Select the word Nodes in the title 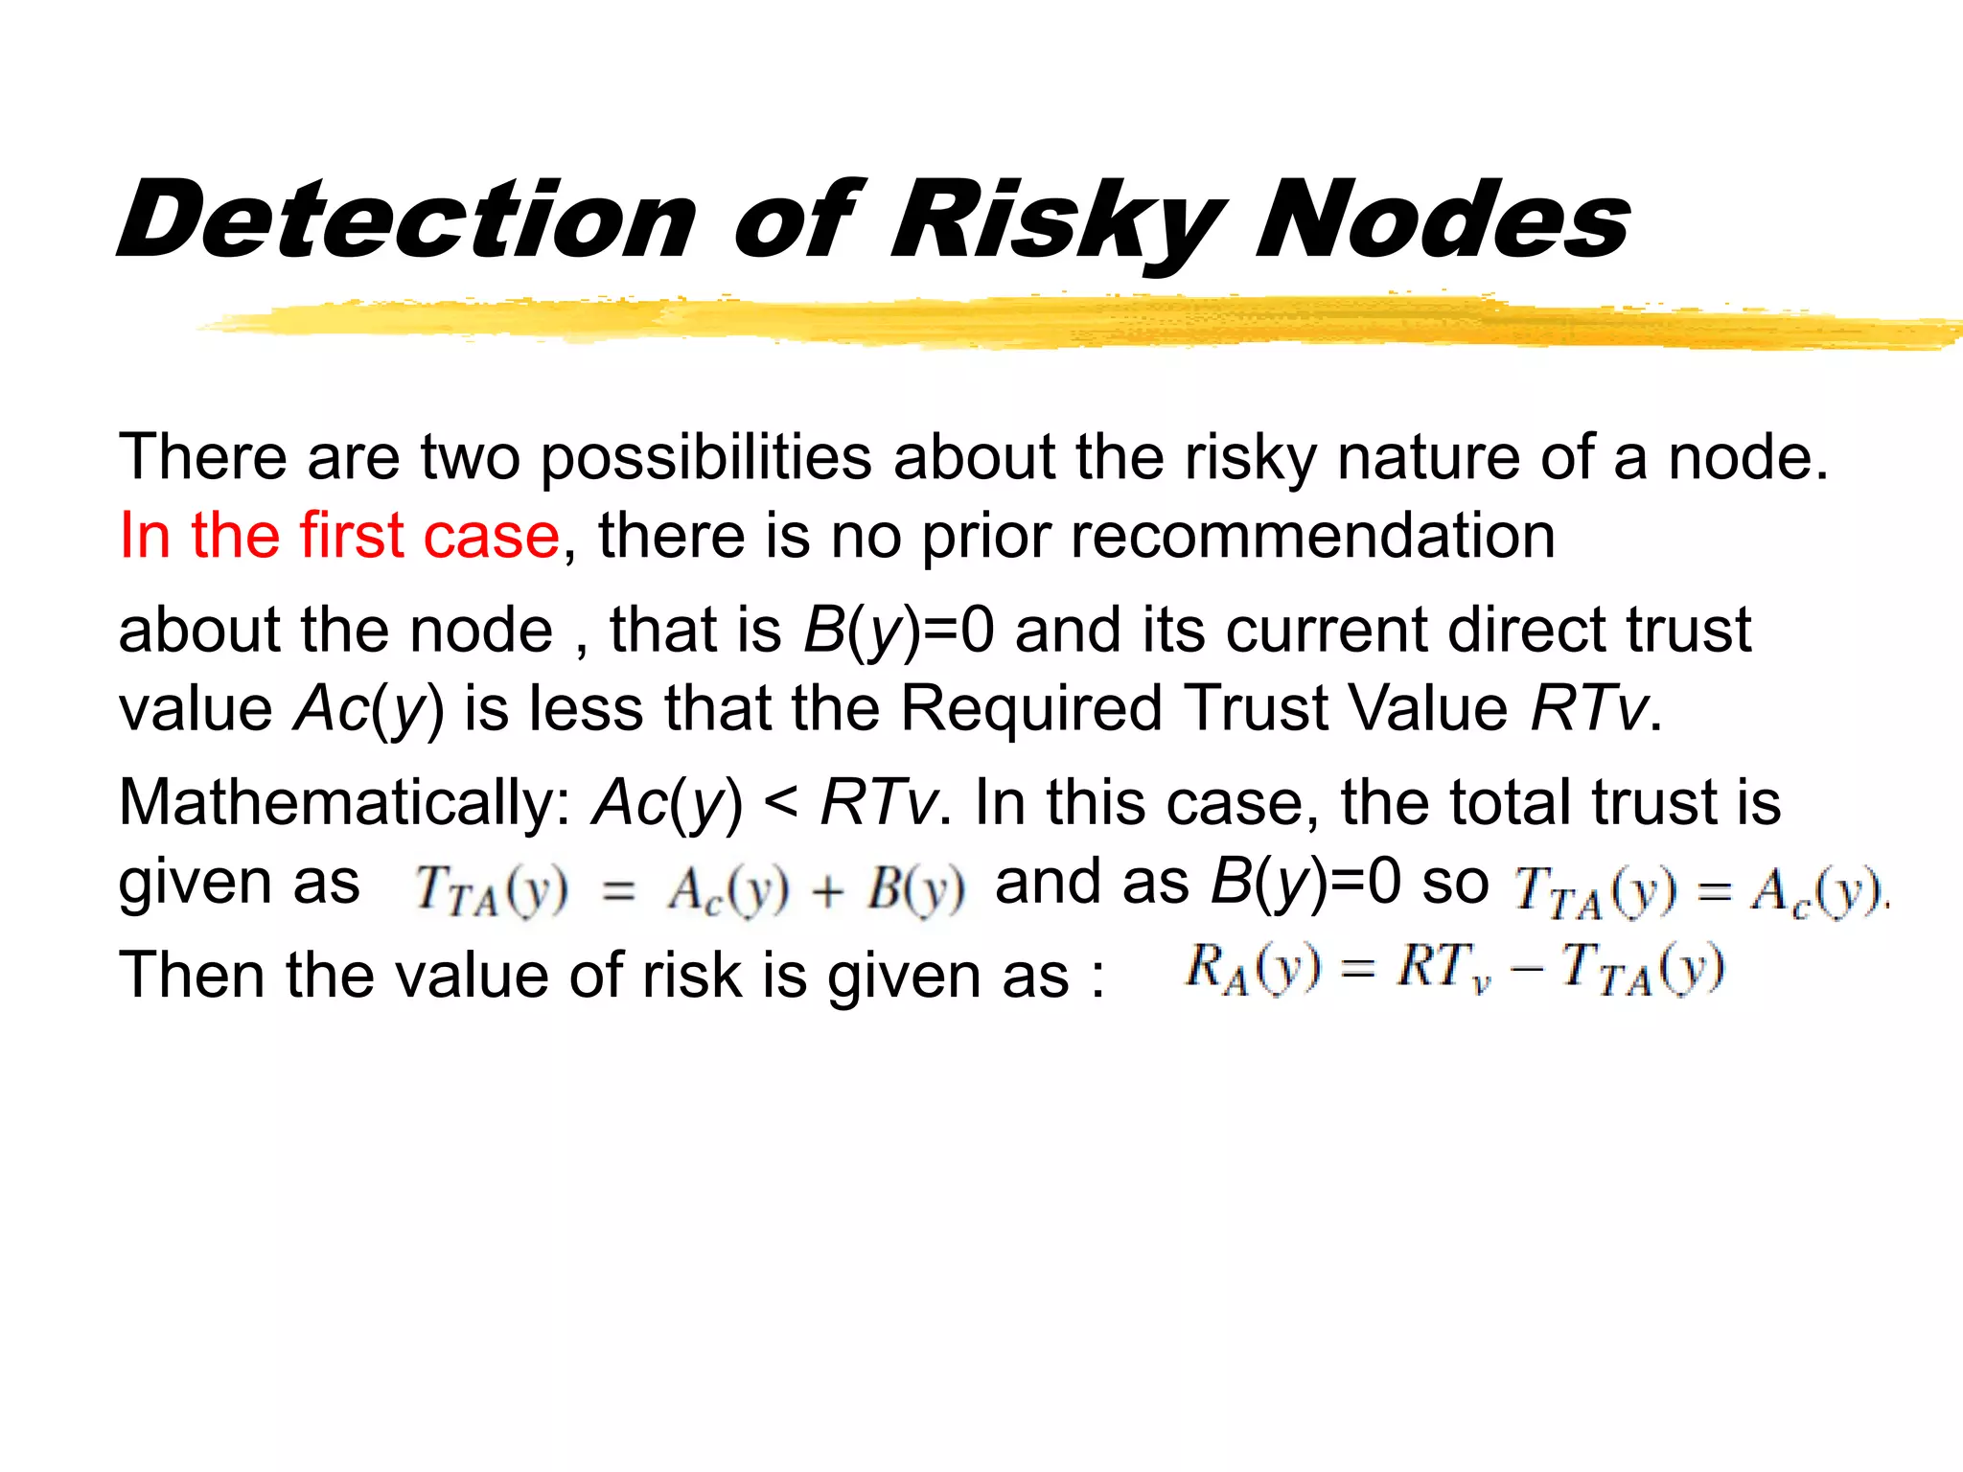coord(1443,220)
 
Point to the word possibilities coord(705,457)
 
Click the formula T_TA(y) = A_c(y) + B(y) coord(689,889)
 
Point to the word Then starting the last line coord(192,977)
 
